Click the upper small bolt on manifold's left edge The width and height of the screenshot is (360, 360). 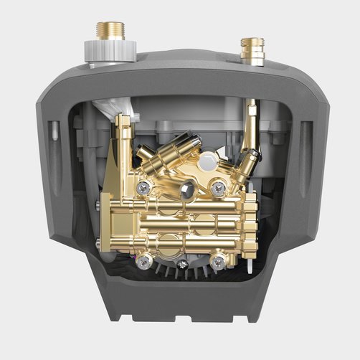(x=108, y=209)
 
